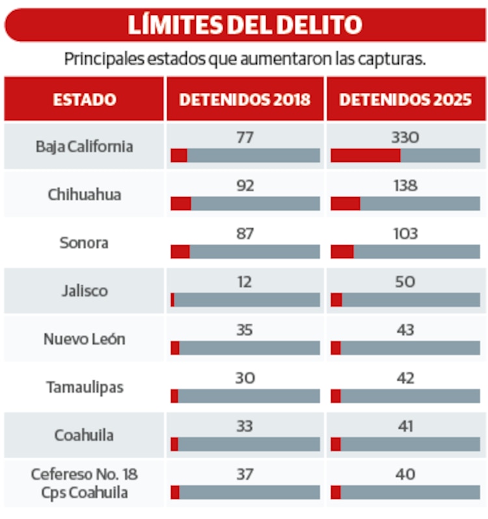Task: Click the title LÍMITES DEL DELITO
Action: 244,25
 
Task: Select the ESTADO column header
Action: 85,100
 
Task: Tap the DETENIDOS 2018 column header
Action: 245,100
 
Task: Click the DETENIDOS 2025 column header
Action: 405,100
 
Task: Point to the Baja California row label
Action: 85,146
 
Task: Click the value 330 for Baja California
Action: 405,137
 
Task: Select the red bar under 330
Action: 366,155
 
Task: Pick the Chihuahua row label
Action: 85,194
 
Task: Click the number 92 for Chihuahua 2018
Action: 245,185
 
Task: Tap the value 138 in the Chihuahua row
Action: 405,185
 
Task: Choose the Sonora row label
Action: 85,243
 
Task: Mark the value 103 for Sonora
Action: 405,233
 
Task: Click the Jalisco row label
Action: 85,291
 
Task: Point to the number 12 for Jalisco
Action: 245,282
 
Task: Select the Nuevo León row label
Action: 85,339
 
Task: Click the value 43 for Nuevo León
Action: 405,330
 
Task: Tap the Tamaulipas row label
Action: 85,387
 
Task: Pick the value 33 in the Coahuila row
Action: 245,426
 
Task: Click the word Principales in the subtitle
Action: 99,59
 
